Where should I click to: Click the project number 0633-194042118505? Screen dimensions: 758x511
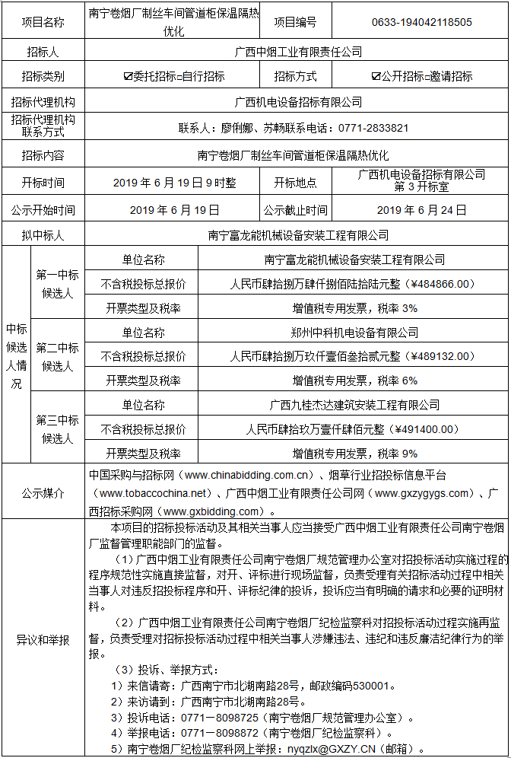tap(421, 22)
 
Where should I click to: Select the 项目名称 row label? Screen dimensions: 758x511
tap(43, 22)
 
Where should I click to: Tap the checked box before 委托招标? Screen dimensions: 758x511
tap(128, 76)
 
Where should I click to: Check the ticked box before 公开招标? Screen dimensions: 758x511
tap(376, 76)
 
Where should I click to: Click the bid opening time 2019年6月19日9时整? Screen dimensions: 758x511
tap(174, 183)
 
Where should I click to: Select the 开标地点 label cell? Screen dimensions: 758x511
tap(296, 183)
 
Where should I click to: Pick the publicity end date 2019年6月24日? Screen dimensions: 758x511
tap(421, 210)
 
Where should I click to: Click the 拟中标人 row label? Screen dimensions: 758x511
tap(43, 235)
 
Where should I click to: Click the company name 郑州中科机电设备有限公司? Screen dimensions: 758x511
tap(354, 332)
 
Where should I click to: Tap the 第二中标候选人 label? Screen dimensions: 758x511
tap(57, 356)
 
